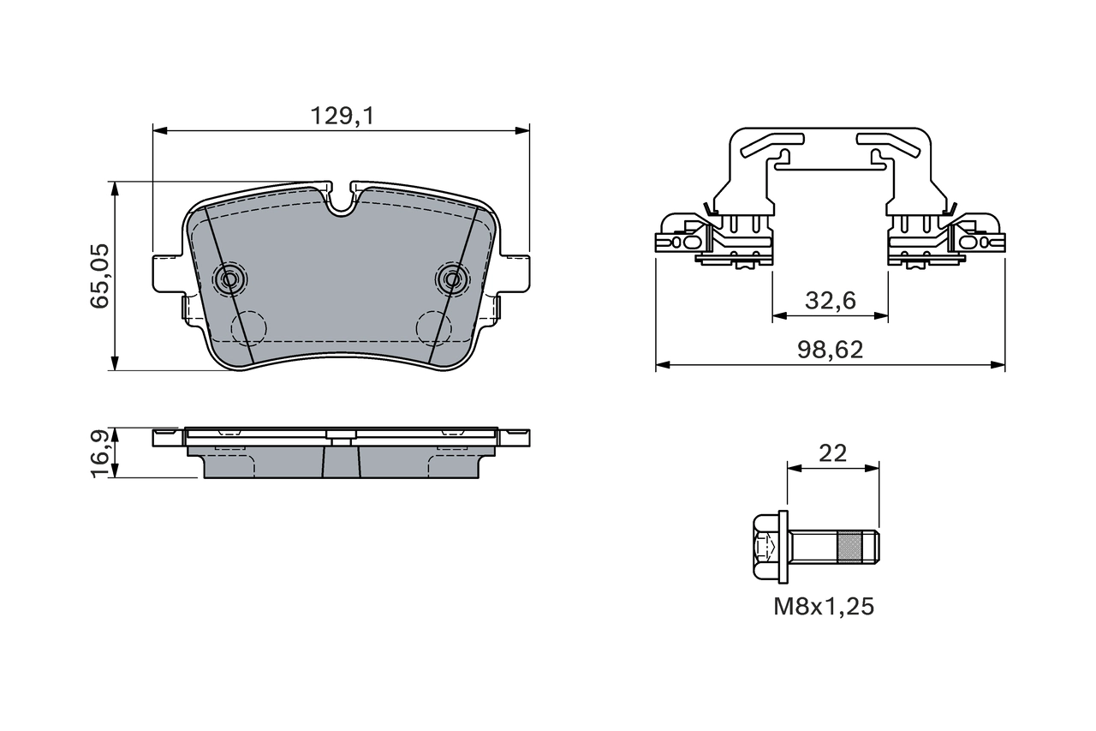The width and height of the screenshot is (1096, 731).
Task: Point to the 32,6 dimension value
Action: [830, 301]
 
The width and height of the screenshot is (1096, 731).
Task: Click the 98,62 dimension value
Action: [830, 350]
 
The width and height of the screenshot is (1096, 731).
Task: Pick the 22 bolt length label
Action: [832, 453]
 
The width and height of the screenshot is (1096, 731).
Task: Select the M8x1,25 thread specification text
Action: [824, 607]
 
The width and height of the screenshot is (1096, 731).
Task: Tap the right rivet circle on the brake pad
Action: [452, 278]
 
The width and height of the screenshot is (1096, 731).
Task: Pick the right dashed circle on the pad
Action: [433, 327]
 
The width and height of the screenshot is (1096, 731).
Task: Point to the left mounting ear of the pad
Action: [166, 273]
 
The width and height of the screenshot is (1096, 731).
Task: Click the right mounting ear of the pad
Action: [515, 273]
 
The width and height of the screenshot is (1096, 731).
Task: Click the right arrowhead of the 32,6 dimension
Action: [882, 316]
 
